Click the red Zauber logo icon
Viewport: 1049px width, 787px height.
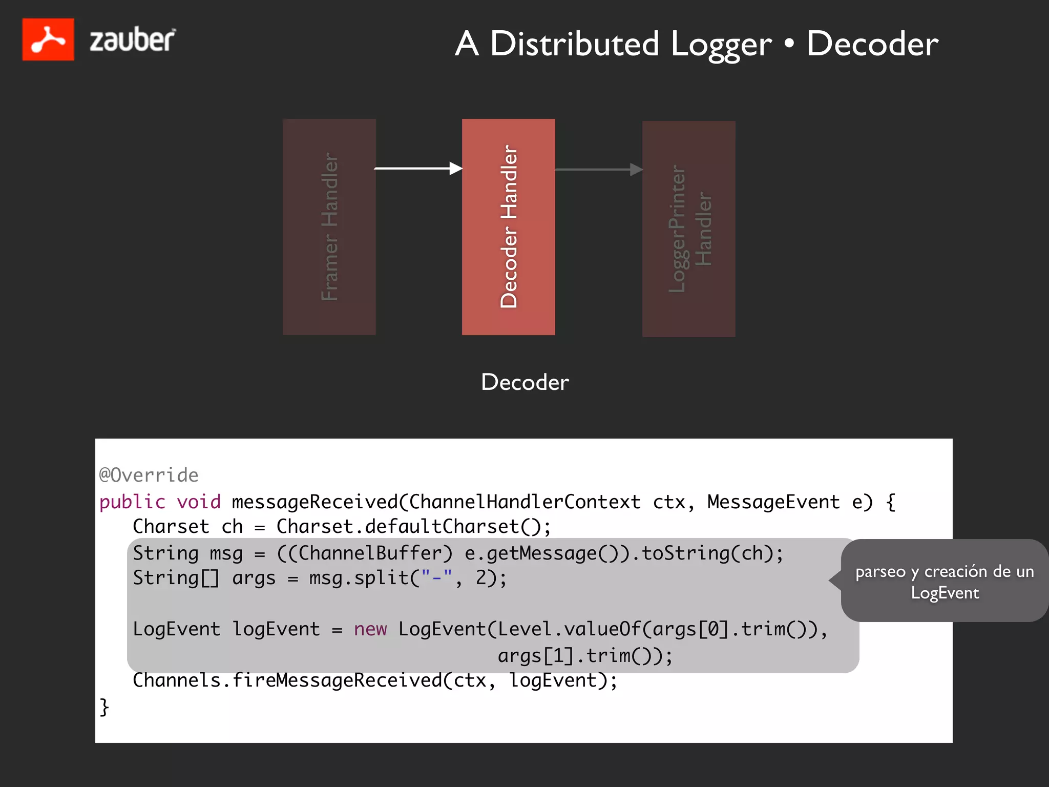click(48, 39)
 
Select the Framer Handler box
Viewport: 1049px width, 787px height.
click(329, 227)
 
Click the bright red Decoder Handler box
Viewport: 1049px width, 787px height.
click(508, 227)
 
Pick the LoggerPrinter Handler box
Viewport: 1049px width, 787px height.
click(688, 229)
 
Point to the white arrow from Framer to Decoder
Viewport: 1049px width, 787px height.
click(417, 168)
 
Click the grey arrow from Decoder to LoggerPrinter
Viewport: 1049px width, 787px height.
click(598, 170)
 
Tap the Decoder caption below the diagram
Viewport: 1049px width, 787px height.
click(524, 382)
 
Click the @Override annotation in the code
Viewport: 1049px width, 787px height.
click(149, 475)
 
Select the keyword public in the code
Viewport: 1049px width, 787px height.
click(132, 502)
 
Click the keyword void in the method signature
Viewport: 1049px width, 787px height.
click(199, 502)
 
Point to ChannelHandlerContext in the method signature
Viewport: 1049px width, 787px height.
click(524, 502)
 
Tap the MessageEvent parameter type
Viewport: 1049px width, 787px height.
click(773, 502)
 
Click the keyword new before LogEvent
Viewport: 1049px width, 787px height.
click(370, 629)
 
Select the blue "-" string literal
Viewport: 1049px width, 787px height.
click(436, 578)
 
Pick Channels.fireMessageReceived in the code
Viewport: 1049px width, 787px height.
click(287, 680)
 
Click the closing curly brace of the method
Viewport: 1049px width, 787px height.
click(104, 707)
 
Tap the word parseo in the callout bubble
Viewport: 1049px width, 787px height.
click(880, 571)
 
